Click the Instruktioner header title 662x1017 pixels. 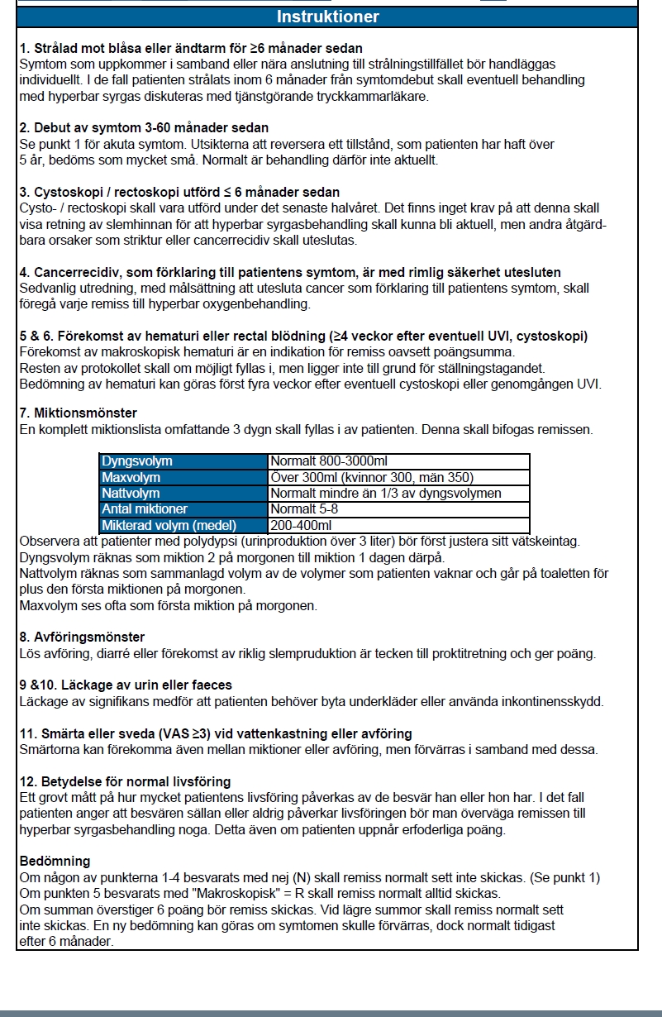(328, 17)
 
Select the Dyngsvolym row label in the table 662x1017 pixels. (136, 461)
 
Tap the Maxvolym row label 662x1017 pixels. (131, 477)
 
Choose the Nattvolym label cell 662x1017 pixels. (131, 493)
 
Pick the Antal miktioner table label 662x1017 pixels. (145, 508)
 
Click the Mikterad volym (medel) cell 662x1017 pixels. (169, 525)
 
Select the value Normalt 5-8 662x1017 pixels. (304, 508)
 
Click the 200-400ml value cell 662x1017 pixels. (301, 525)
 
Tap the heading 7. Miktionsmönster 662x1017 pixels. (79, 413)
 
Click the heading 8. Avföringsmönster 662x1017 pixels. (82, 637)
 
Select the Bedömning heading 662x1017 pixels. (55, 862)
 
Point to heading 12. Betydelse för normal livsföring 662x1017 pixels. (125, 781)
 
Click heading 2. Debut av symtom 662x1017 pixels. (144, 127)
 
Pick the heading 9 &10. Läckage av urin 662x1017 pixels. (126, 685)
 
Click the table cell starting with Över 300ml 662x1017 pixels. (372, 477)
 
